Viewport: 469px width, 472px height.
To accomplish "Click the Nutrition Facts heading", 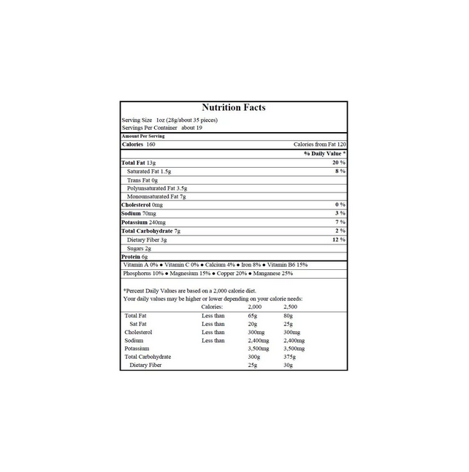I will point(234,108).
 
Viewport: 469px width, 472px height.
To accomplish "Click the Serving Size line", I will point(169,120).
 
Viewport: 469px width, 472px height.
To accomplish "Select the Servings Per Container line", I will point(161,128).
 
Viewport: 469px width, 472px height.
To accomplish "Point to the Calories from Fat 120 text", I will point(319,144).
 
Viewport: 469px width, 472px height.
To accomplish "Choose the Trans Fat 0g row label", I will point(142,179).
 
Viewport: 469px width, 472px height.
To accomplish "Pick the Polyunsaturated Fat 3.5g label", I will point(156,188).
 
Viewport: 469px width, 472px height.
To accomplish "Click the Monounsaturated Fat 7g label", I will point(157,196).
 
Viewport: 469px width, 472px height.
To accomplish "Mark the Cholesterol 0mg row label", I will point(142,205).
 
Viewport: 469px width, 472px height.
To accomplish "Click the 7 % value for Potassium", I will point(340,222).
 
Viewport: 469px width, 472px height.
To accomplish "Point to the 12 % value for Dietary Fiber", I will point(338,239).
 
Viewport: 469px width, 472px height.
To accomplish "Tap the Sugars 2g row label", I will point(139,248).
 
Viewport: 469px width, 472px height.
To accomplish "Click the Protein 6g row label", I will point(134,257).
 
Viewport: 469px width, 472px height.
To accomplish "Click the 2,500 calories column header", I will point(290,307).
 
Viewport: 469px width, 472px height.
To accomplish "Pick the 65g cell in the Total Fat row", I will point(253,315).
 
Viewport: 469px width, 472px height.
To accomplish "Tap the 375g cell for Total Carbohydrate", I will point(289,357).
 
